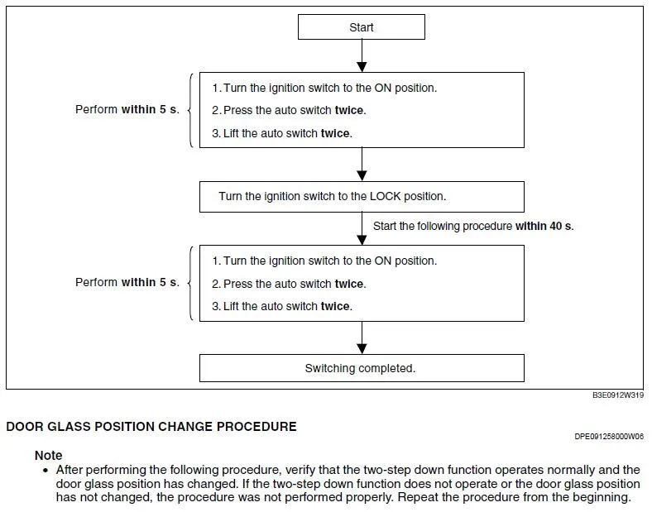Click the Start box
tap(362, 27)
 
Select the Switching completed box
tap(362, 368)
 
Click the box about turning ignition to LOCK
tap(362, 197)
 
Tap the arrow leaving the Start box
tap(362, 56)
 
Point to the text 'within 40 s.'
tap(544, 226)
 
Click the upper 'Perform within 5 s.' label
tap(127, 109)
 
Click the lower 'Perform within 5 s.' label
tap(127, 282)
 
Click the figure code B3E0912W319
tap(618, 396)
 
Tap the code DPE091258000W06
tap(609, 436)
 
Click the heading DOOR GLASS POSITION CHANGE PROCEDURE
tap(151, 428)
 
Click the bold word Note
tap(48, 456)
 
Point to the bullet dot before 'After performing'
tap(46, 470)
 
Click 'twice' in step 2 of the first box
tap(349, 110)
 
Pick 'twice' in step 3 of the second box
tap(335, 306)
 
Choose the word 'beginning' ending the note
tap(602, 498)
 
